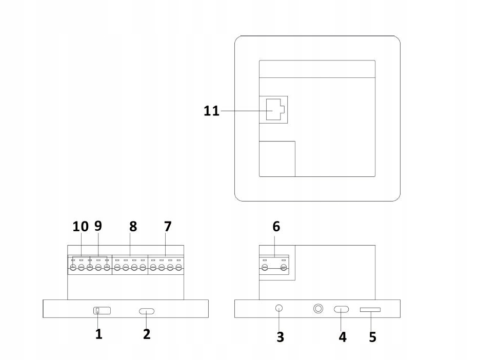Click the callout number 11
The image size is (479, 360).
coord(211,110)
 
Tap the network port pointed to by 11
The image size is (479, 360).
coord(273,109)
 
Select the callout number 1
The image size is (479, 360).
coord(98,334)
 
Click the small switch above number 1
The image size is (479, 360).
coord(102,310)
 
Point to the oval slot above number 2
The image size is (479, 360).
coord(147,311)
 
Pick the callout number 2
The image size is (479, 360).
coord(147,334)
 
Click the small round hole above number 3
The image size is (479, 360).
coord(279,308)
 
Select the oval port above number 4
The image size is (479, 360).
coord(342,309)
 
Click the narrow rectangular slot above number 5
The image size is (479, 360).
coord(370,309)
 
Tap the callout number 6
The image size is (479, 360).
coord(276,226)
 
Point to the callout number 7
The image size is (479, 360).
coord(168,226)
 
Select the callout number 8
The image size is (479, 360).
coord(133,226)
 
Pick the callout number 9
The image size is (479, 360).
coord(98,226)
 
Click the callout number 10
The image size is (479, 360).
coord(80,226)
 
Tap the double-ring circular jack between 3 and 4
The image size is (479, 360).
coord(318,309)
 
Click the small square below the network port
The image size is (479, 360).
coord(277,158)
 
